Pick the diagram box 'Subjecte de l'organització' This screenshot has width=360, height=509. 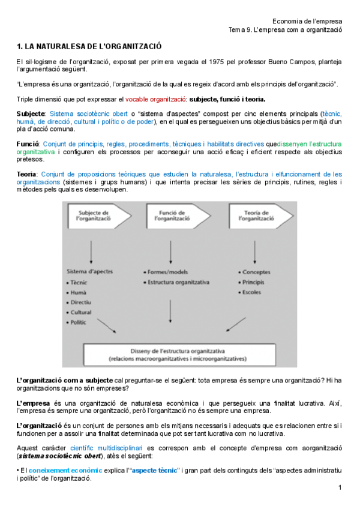pyautogui.click(x=93, y=216)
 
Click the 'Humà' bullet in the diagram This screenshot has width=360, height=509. pyautogui.click(x=80, y=292)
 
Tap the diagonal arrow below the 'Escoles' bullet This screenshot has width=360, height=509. pyautogui.click(x=233, y=325)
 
